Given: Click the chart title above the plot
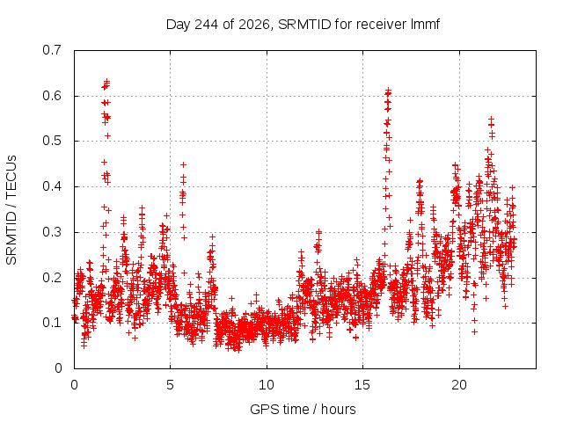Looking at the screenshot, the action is pyautogui.click(x=303, y=25).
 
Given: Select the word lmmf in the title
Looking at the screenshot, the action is pyautogui.click(x=425, y=25).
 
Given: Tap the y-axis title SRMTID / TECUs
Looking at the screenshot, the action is pyautogui.click(x=11, y=210).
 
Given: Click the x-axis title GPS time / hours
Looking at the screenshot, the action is pyautogui.click(x=303, y=409).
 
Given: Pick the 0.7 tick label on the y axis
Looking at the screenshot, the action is pyautogui.click(x=52, y=50).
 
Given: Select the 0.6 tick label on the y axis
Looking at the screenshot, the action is pyautogui.click(x=52, y=96).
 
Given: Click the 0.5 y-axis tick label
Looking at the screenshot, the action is pyautogui.click(x=52, y=141).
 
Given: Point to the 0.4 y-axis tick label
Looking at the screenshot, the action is pyautogui.click(x=52, y=186).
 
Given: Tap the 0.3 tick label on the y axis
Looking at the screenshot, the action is pyautogui.click(x=52, y=232).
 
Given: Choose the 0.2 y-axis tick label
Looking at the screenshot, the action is pyautogui.click(x=52, y=278).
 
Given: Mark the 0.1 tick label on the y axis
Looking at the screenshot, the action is pyautogui.click(x=52, y=323).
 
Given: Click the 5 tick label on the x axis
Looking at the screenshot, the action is pyautogui.click(x=170, y=385).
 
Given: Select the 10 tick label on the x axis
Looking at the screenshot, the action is pyautogui.click(x=267, y=385).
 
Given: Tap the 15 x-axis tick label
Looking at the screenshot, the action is pyautogui.click(x=362, y=385).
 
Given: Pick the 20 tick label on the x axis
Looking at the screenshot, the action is pyautogui.click(x=459, y=385).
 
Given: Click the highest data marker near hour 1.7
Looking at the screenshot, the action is pyautogui.click(x=106, y=81).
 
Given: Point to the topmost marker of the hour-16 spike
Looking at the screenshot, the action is pyautogui.click(x=388, y=90).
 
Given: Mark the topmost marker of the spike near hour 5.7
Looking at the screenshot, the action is pyautogui.click(x=184, y=164).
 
